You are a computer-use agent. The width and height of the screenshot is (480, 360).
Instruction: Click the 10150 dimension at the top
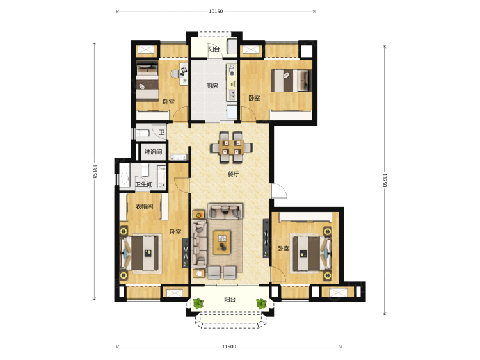[216, 12]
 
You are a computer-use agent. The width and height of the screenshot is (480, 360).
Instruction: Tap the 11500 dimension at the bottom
[229, 347]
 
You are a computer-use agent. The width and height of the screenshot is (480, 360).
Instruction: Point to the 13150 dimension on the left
[94, 171]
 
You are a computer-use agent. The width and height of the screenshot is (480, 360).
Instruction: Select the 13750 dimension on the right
[385, 180]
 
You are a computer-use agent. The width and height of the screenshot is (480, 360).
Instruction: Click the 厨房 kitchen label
[212, 86]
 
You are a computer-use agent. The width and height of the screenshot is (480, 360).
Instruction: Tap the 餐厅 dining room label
[233, 174]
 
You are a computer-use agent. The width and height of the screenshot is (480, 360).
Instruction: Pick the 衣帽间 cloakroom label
[144, 207]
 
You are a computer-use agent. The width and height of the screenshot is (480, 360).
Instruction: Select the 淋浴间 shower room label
[153, 152]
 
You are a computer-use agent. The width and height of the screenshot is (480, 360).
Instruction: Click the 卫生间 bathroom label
[144, 184]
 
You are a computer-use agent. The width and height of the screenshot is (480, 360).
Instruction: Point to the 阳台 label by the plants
[230, 299]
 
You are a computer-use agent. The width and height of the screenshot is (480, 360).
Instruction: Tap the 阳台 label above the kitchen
[214, 49]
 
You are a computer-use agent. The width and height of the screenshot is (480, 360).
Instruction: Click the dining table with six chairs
[231, 147]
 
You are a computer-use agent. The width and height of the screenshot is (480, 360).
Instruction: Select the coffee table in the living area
[222, 242]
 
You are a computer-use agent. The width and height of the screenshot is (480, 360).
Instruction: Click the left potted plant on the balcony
[198, 304]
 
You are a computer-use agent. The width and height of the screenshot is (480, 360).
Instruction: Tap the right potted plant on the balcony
[261, 304]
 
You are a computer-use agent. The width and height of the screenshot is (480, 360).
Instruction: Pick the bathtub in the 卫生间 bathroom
[125, 176]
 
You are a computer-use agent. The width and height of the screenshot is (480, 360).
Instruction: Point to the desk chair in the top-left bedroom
[174, 74]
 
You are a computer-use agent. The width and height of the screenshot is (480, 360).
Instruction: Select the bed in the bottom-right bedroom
[310, 253]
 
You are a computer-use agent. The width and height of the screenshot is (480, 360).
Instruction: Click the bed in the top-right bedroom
[291, 81]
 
